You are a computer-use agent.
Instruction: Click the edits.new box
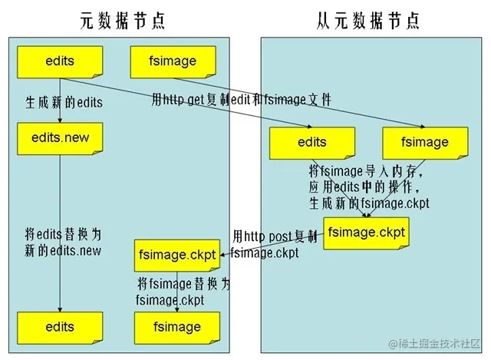click(x=60, y=138)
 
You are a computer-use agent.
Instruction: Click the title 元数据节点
click(x=122, y=21)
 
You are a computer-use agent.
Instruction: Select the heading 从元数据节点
click(x=367, y=21)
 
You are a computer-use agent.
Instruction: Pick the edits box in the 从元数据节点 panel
click(x=311, y=142)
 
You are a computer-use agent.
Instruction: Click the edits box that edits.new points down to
click(x=60, y=327)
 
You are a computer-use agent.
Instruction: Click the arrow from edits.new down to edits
click(x=60, y=230)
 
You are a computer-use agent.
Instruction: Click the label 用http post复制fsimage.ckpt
click(x=272, y=244)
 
